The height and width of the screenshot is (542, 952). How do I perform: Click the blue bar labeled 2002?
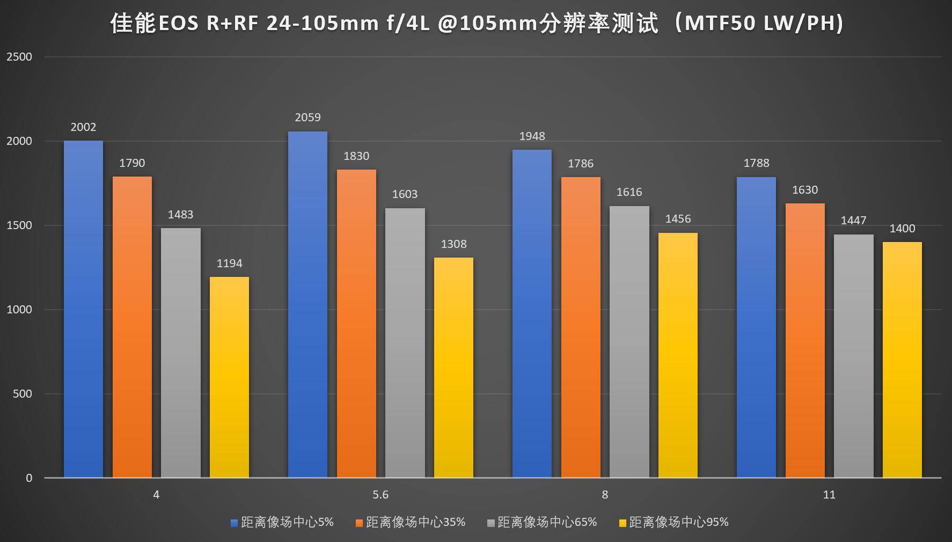[83, 309]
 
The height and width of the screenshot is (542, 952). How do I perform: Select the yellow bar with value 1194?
[229, 377]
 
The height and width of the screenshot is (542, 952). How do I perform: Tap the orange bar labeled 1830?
[356, 324]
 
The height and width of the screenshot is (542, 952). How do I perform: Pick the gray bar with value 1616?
[629, 342]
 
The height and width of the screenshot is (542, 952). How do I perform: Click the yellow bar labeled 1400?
[902, 360]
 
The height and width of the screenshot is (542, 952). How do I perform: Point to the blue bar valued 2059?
[307, 304]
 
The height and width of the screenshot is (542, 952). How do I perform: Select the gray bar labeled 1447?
[853, 356]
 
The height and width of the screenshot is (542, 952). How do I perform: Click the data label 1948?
[532, 136]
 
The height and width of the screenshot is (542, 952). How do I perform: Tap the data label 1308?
[453, 244]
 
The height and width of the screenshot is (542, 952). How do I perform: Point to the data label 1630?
[805, 190]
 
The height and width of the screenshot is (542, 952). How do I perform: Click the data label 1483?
[180, 215]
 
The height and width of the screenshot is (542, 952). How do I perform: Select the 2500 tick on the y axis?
[19, 57]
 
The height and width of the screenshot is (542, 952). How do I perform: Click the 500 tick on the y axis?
[23, 394]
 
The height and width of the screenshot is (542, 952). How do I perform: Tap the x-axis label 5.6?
[380, 495]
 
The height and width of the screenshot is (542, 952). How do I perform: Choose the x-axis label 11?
[829, 495]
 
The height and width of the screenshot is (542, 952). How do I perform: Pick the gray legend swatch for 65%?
[491, 523]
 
